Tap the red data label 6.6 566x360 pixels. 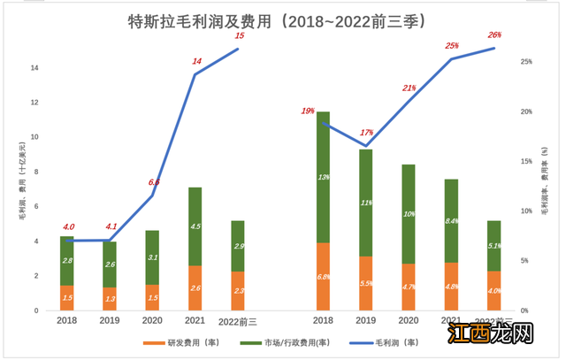154,182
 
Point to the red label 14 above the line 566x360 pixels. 196,61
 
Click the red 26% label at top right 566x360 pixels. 493,35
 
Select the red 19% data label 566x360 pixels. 308,111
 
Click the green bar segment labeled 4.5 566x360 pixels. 195,226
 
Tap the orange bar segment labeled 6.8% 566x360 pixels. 324,277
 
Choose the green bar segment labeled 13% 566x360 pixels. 324,177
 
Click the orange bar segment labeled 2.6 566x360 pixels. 195,288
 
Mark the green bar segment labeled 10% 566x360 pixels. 409,214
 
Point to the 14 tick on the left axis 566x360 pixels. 34,68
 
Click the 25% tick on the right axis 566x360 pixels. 525,62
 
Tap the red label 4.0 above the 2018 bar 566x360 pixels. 69,227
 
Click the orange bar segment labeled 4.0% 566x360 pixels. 493,291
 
